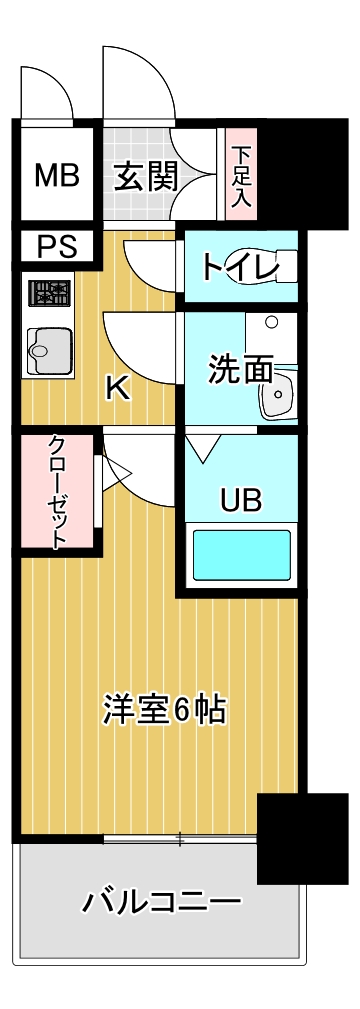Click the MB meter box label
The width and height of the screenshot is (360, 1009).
point(56,176)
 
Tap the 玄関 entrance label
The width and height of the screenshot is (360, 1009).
point(145,176)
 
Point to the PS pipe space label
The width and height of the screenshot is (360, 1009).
point(56,246)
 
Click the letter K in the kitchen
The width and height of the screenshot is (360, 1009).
point(118,389)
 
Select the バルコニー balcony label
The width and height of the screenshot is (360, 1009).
point(161,903)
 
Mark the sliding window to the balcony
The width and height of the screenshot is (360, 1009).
point(180,838)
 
